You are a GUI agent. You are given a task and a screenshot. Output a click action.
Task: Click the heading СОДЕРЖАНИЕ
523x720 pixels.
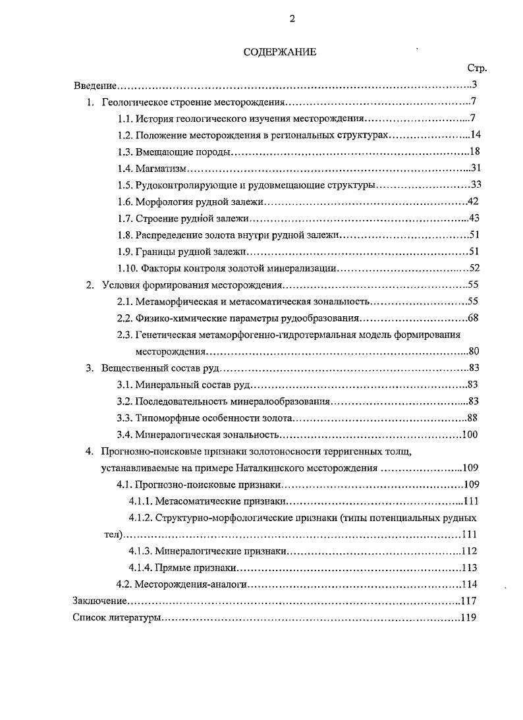point(280,53)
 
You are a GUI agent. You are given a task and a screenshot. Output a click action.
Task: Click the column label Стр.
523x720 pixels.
point(476,69)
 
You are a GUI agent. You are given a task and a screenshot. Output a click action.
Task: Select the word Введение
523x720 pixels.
point(95,86)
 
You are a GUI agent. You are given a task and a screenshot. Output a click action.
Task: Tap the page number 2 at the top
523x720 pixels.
point(292,19)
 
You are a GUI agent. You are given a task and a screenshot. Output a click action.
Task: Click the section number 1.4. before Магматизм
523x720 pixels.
point(125,169)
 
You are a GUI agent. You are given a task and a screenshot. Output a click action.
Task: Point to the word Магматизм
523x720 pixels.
point(157,169)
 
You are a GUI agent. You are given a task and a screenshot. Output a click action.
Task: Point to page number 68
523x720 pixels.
point(472,318)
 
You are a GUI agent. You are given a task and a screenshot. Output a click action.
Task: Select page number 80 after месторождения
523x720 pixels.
point(474,352)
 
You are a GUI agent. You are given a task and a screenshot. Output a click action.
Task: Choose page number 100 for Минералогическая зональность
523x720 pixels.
point(470,434)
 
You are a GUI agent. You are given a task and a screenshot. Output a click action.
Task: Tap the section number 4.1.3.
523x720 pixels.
point(140,551)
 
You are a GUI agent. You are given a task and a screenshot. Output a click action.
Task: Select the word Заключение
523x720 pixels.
point(99,601)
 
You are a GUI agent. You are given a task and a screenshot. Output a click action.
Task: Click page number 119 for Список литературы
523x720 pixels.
point(468,619)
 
